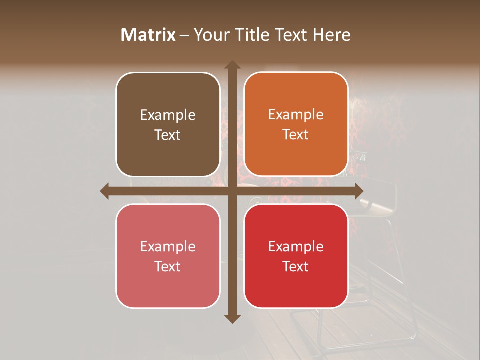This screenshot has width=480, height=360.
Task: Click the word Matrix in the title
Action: point(148,35)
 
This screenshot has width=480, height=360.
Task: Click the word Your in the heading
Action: point(209,35)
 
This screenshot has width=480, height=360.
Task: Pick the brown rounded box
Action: point(168,124)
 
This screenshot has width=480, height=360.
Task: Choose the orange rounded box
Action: point(296,124)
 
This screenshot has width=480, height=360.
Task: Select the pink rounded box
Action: point(168,256)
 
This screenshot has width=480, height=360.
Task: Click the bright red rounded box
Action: point(296,256)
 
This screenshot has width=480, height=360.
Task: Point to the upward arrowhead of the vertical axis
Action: point(232,65)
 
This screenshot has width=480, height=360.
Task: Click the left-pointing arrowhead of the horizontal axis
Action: point(105,191)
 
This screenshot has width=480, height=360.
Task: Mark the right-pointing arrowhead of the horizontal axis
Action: point(358,191)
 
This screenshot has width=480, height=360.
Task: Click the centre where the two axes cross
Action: point(232,191)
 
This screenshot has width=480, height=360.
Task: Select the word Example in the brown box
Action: point(168,115)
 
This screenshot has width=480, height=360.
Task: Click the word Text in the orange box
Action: point(296,135)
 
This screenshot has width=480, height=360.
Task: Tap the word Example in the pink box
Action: point(168,247)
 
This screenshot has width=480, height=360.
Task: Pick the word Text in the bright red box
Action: point(296,266)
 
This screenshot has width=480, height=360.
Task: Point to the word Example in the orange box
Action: point(296,115)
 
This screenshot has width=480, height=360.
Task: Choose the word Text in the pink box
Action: point(168,266)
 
